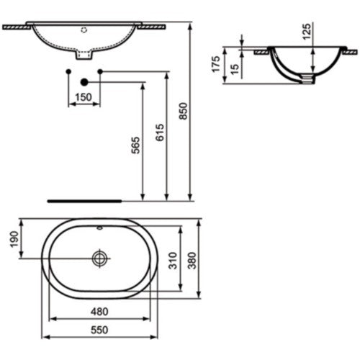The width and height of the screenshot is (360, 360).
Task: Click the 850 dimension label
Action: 184,111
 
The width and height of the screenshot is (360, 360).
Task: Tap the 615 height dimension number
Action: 160,132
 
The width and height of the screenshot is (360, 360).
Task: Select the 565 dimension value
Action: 135,145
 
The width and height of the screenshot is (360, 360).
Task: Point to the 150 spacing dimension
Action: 84,97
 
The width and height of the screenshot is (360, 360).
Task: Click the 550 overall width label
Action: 99,330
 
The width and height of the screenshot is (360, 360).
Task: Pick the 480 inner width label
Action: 99,312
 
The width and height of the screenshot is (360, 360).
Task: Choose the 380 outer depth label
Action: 192,261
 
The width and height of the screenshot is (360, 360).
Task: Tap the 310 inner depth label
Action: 173,261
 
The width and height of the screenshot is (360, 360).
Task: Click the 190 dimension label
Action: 14,239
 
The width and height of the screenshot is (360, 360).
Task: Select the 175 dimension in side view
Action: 216,64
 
